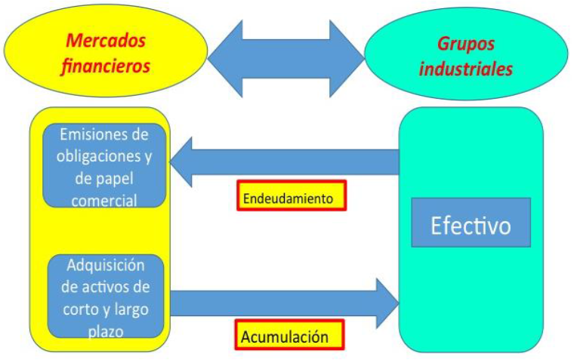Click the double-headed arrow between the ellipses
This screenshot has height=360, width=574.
(x=285, y=52)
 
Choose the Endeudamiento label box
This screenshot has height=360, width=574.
(x=291, y=196)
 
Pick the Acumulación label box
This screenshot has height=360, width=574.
(x=291, y=336)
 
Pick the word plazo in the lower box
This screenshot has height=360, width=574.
(x=105, y=331)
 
